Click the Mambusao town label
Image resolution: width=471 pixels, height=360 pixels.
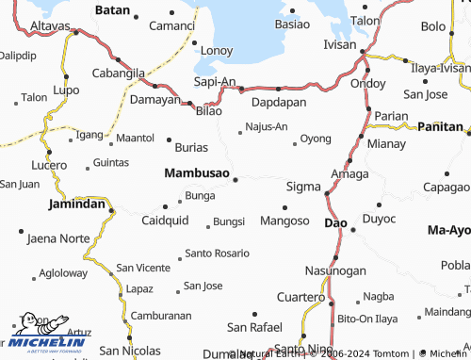pyautogui.click(x=196, y=173)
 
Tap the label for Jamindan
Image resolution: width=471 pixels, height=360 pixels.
pyautogui.click(x=77, y=203)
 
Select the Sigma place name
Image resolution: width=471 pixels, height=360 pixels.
pyautogui.click(x=302, y=187)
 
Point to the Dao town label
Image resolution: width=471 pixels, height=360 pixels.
pyautogui.click(x=335, y=223)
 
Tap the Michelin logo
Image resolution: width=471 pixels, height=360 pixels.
pyautogui.click(x=41, y=337)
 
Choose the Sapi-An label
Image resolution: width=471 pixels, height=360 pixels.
pyautogui.click(x=214, y=83)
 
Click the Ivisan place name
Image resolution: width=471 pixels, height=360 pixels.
pyautogui.click(x=341, y=43)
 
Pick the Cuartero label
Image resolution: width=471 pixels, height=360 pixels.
pyautogui.click(x=300, y=297)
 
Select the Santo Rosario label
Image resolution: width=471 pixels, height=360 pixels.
pyautogui.click(x=218, y=253)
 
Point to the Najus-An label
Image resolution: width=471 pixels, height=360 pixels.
pyautogui.click(x=267, y=125)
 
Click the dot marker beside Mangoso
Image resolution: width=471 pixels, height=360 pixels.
pyautogui.click(x=284, y=207)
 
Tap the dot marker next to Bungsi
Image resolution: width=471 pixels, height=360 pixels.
pyautogui.click(x=207, y=225)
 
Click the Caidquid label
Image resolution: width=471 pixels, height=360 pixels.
pyautogui.click(x=165, y=221)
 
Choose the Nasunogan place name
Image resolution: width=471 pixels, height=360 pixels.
pyautogui.click(x=335, y=270)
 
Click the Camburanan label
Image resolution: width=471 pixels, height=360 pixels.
pyautogui.click(x=161, y=316)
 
